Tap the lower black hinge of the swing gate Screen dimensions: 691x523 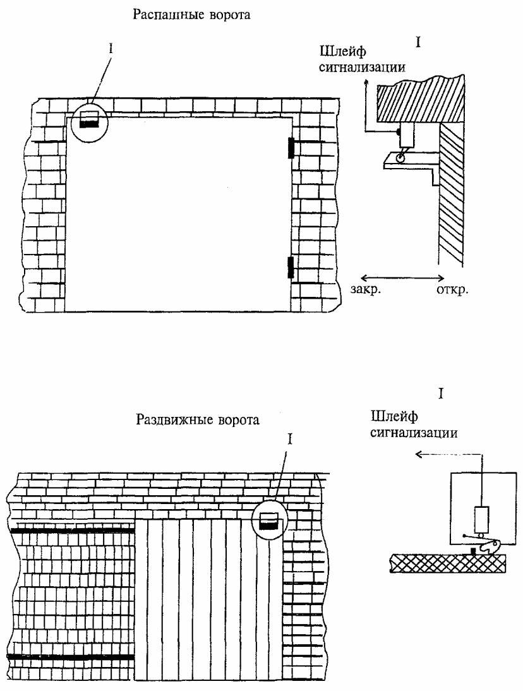291,267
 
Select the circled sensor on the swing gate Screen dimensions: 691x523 89,120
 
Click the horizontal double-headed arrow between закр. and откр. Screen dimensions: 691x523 402,278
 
